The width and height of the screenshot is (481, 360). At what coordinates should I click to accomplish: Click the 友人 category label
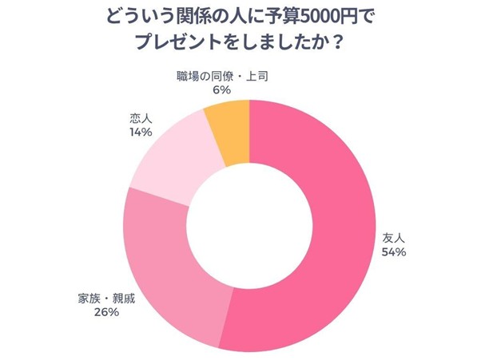click(394, 237)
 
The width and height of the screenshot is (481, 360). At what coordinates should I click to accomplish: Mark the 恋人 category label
click(141, 119)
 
